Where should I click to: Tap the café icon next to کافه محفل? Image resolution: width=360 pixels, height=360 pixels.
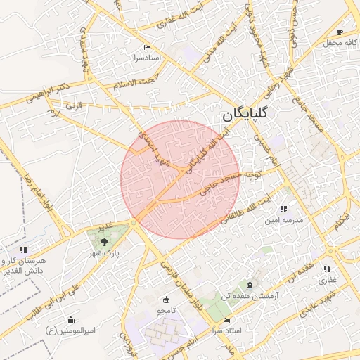340,32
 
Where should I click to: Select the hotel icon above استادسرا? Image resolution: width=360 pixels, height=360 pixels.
147,47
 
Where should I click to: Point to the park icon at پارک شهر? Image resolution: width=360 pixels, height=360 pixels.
104,240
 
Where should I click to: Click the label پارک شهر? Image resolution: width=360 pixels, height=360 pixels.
108,251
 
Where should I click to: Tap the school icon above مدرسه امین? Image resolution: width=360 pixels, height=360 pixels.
283,209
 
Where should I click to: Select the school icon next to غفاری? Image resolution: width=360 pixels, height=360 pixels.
326,269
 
